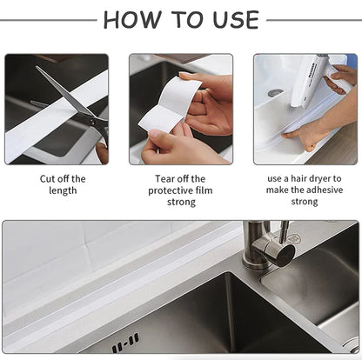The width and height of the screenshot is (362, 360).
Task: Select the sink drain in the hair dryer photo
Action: tap(275, 91)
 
